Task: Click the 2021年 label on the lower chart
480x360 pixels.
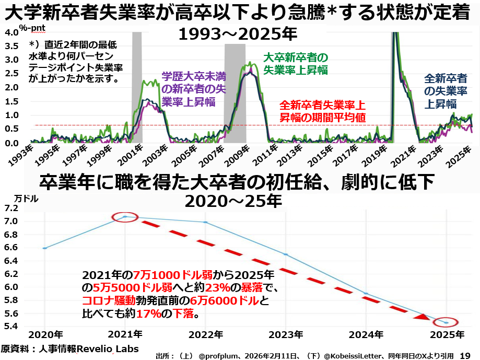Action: (124, 334)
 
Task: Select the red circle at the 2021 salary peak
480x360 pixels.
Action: (125, 216)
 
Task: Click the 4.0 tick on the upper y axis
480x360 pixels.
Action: (11, 32)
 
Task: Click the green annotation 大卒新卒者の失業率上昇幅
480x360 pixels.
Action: (295, 63)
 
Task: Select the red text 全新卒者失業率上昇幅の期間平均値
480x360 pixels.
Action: (322, 110)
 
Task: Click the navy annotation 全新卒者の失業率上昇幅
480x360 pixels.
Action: (445, 91)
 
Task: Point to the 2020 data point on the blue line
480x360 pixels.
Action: (45, 248)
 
